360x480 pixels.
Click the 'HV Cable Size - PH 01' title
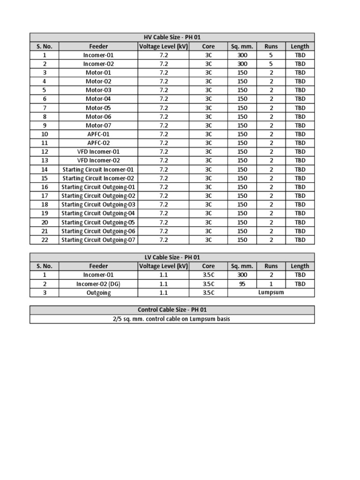[172, 37]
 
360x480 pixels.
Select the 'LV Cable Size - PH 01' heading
[172, 257]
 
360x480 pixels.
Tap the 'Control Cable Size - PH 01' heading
[172, 310]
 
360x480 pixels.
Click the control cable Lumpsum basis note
[172, 319]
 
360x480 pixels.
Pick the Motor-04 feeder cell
[98, 99]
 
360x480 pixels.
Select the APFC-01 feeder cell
[98, 134]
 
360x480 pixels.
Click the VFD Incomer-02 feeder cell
[98, 160]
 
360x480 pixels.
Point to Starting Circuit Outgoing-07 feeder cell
[98, 240]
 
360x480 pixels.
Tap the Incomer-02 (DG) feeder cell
[98, 284]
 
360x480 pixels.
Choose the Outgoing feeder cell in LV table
[98, 292]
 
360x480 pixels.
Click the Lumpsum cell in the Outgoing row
[271, 292]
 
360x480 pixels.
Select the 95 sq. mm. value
[242, 284]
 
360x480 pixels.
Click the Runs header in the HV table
[271, 46]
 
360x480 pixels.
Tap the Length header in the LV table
[300, 266]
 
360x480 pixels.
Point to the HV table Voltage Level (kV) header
[163, 46]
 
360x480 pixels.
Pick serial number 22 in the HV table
[45, 240]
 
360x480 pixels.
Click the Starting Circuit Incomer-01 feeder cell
[98, 169]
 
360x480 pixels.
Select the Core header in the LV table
[209, 266]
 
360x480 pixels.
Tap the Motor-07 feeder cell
[98, 125]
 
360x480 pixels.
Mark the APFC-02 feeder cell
[98, 143]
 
